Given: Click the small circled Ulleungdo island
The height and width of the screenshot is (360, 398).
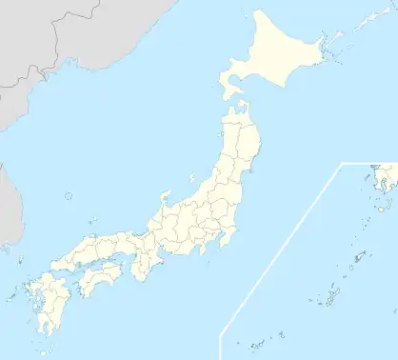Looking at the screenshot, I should tap(69, 197).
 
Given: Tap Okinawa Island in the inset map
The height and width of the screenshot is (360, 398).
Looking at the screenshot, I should tap(329, 299).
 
